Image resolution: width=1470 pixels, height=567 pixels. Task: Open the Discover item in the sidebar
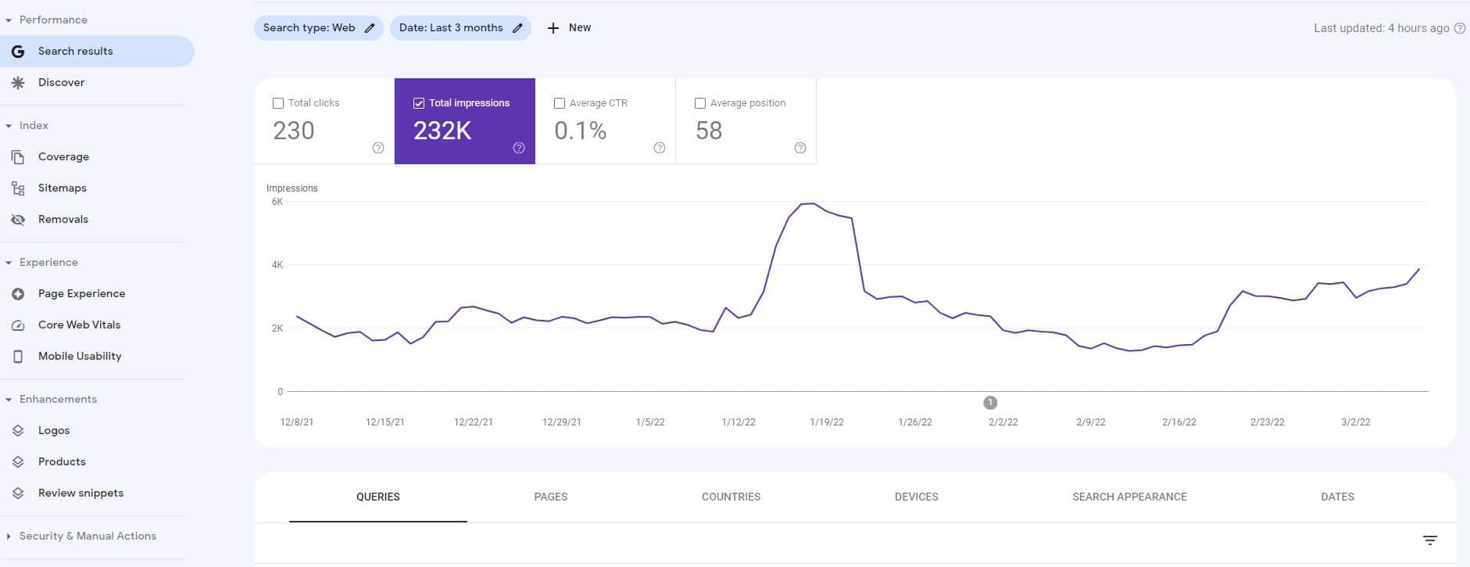point(61,82)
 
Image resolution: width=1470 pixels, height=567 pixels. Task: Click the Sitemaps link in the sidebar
point(62,188)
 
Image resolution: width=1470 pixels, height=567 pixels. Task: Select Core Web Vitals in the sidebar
point(79,325)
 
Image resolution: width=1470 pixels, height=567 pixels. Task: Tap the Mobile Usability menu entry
point(80,356)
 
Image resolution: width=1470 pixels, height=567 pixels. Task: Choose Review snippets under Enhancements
point(80,493)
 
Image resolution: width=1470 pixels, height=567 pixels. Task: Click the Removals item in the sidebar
point(63,219)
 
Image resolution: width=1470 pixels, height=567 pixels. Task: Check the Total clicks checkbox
point(278,103)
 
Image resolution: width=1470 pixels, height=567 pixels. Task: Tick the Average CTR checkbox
point(560,103)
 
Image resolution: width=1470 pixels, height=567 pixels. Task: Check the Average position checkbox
point(700,103)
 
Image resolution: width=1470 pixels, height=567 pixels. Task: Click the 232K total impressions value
point(442,131)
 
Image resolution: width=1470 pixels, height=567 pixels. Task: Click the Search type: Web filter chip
point(318,28)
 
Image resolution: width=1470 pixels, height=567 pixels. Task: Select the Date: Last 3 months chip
point(460,28)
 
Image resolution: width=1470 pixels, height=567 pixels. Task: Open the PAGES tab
point(551,497)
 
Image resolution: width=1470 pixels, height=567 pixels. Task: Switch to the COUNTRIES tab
point(731,497)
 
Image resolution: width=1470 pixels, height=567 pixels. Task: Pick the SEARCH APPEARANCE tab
point(1129,497)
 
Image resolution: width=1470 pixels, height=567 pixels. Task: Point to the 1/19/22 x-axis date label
point(827,422)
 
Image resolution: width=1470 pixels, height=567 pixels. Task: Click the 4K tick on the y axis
point(277,265)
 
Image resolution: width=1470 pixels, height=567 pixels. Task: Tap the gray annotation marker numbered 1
point(990,403)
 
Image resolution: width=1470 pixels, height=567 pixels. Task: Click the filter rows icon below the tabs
point(1430,540)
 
